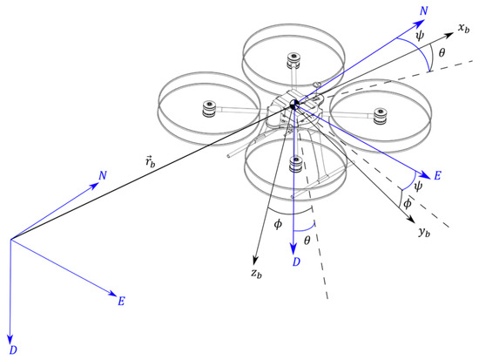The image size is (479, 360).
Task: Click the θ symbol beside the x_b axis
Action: click(442, 53)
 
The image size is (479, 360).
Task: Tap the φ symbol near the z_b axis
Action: click(277, 224)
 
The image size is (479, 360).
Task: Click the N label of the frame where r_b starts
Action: click(103, 175)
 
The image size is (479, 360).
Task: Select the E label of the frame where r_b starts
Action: click(122, 301)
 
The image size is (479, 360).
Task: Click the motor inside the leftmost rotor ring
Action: click(208, 109)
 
